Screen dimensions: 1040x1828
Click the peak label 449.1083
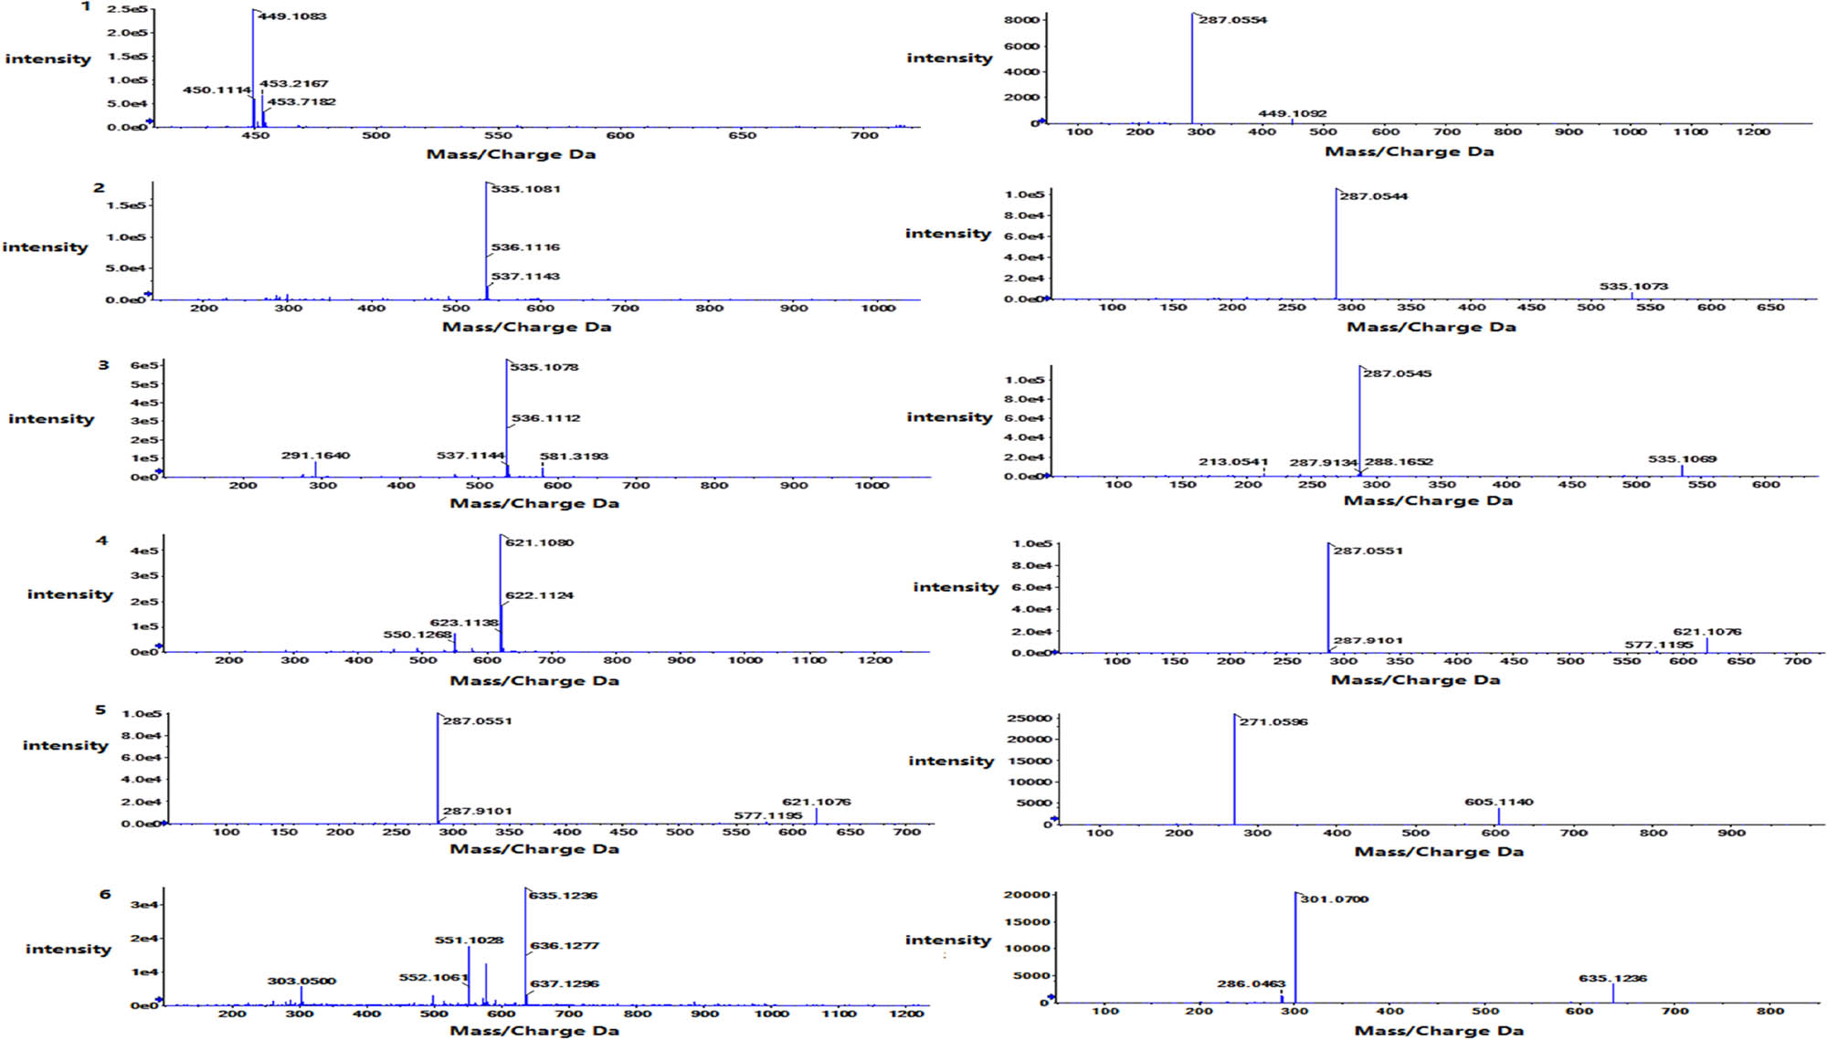click(292, 16)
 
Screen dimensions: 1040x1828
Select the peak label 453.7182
click(301, 101)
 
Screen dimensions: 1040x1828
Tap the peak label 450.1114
click(217, 89)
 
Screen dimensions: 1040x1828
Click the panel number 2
click(99, 187)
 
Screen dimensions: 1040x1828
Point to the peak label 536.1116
click(525, 247)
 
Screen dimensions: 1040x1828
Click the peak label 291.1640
click(315, 455)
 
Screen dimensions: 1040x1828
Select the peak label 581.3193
click(574, 456)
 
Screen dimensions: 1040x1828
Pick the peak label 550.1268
click(417, 635)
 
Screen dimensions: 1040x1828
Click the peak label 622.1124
click(539, 595)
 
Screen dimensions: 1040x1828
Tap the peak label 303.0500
click(301, 981)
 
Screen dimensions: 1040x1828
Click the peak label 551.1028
click(469, 940)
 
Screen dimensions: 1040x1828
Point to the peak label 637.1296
click(565, 983)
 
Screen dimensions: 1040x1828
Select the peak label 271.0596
click(1273, 721)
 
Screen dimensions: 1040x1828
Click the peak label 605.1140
click(1499, 802)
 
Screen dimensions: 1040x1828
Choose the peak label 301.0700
click(1334, 898)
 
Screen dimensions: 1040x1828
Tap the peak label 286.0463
click(1251, 983)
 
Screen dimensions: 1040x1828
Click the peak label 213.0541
click(1233, 461)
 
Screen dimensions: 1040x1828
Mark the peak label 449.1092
click(1292, 113)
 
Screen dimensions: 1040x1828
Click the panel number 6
click(105, 894)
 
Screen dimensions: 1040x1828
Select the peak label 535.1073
click(1633, 286)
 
